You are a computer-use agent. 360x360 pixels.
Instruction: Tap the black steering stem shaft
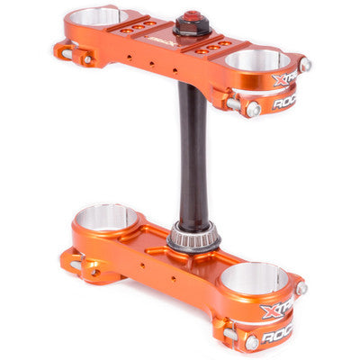pyautogui.click(x=191, y=153)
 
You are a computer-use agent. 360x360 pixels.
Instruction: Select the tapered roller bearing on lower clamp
pyautogui.click(x=193, y=239)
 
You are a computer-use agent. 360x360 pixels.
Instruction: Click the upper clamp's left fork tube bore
pyautogui.click(x=96, y=17)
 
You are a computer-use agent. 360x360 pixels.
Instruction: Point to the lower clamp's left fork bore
pyautogui.click(x=106, y=217)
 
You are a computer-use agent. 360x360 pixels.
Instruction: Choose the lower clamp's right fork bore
pyautogui.click(x=255, y=278)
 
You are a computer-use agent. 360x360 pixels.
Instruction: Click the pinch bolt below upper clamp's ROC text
pyautogui.click(x=254, y=109)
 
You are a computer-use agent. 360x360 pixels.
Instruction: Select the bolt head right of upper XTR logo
pyautogui.click(x=305, y=65)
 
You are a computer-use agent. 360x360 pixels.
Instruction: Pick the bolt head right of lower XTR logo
pyautogui.click(x=301, y=289)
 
